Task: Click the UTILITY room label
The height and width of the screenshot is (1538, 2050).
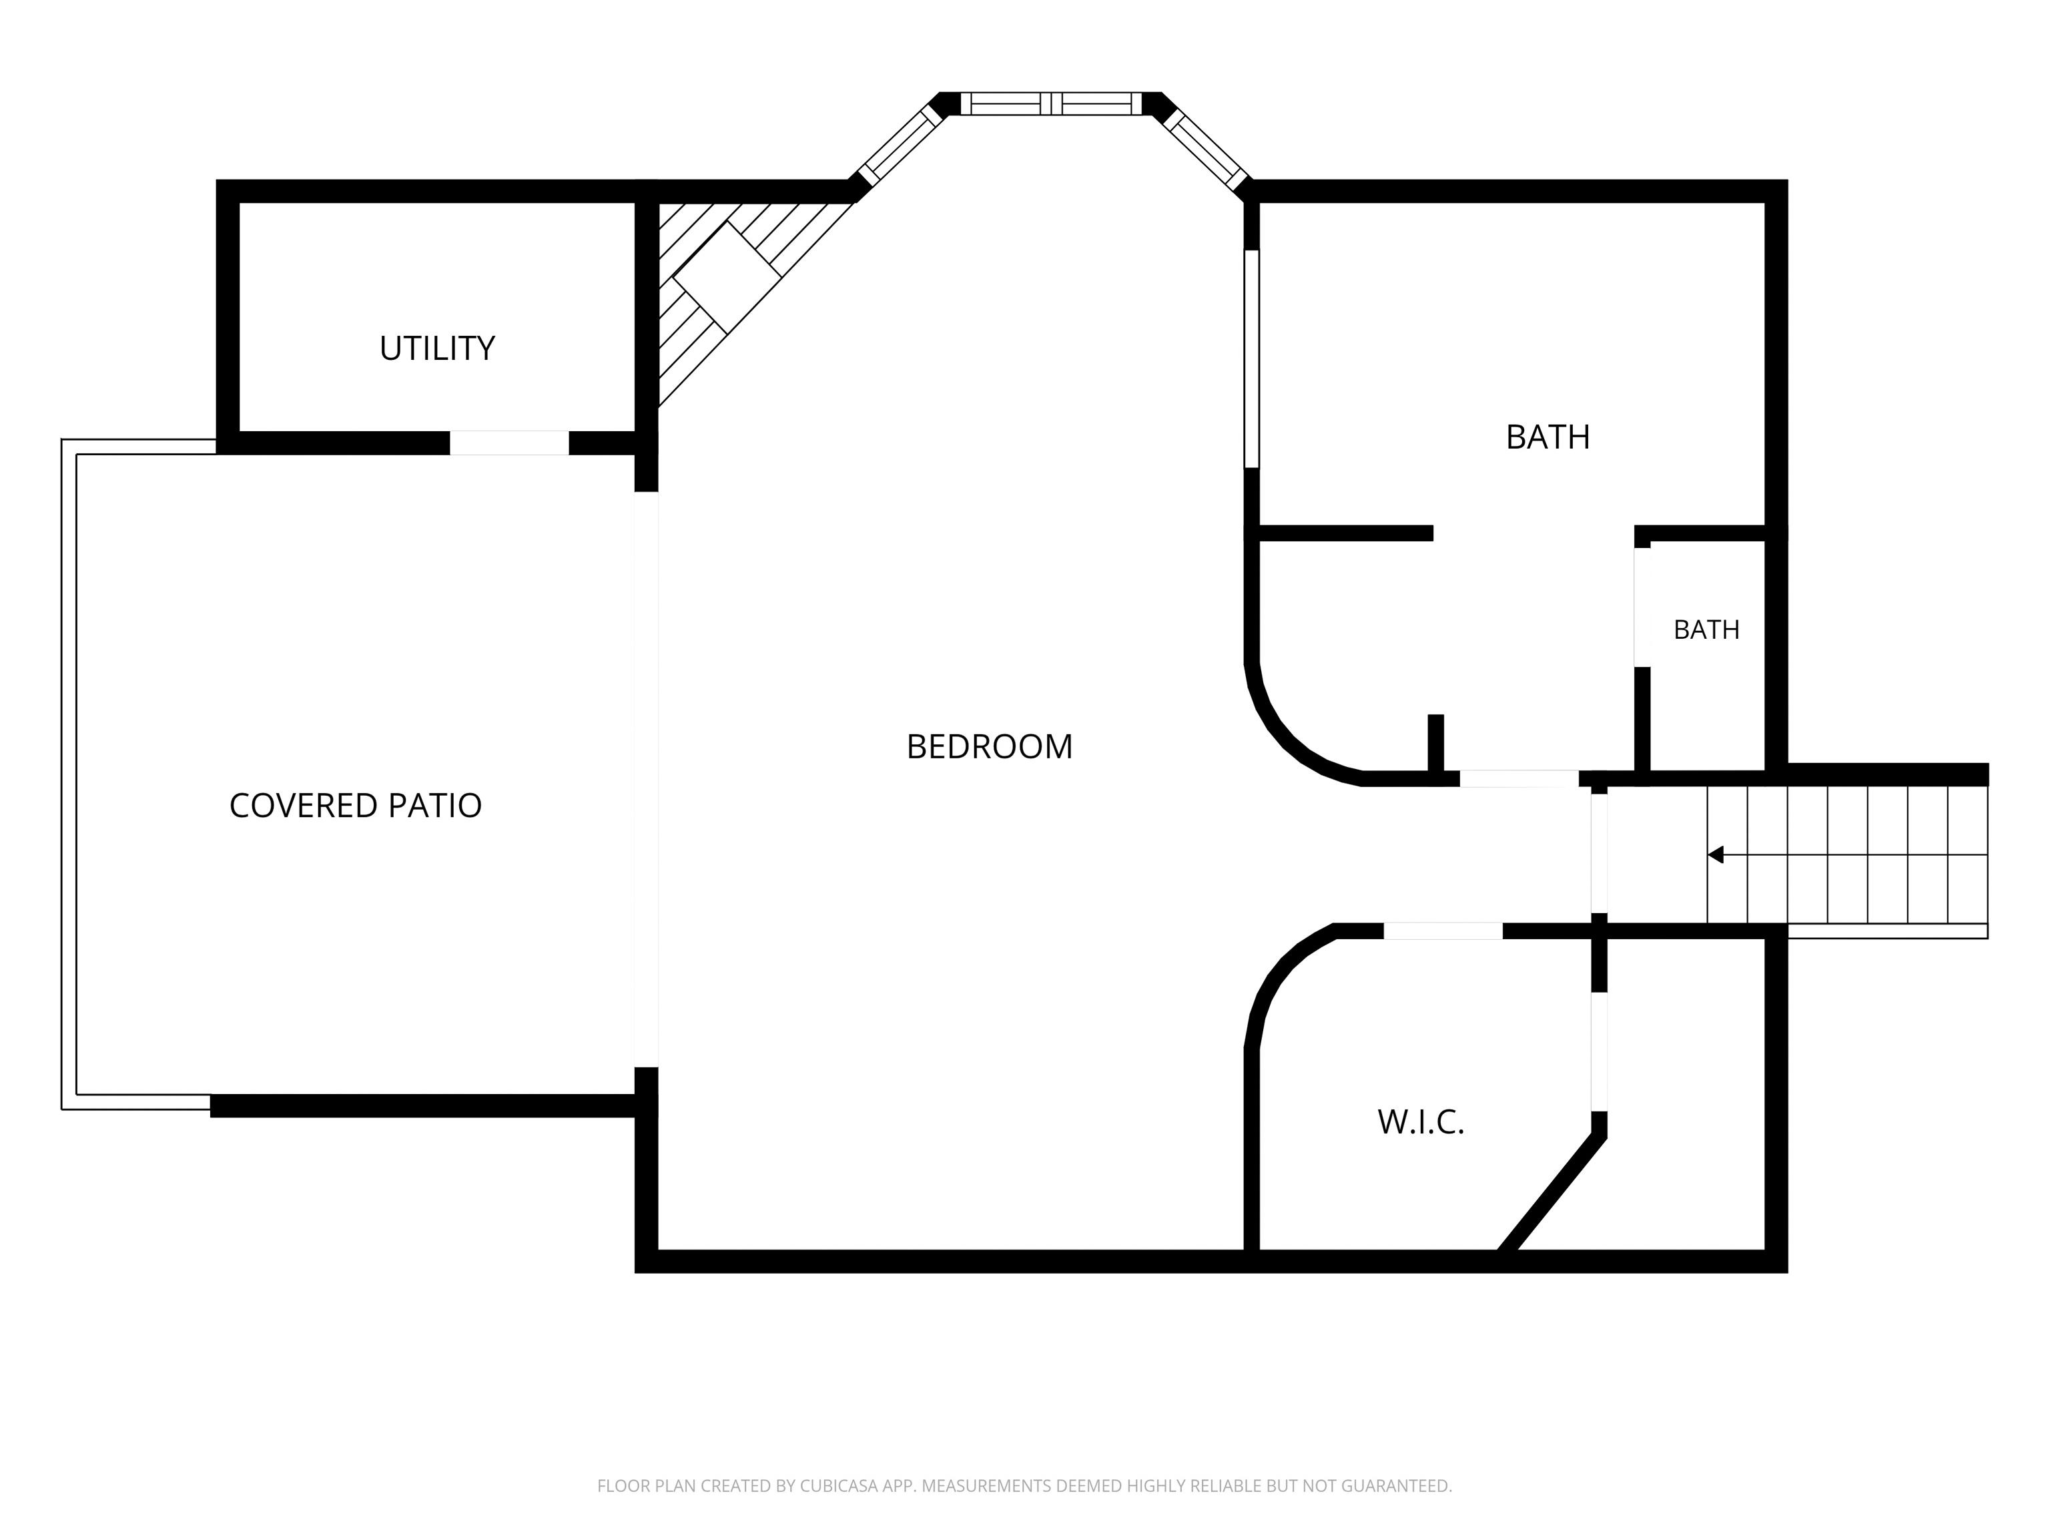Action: click(x=436, y=348)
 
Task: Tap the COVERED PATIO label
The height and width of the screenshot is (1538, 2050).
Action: click(x=355, y=806)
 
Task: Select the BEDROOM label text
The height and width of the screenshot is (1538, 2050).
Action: click(x=989, y=746)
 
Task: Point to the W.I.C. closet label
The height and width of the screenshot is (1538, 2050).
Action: click(x=1421, y=1123)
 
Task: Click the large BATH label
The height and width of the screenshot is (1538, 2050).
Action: click(x=1548, y=437)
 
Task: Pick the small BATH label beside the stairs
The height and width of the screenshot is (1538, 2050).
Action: click(x=1706, y=629)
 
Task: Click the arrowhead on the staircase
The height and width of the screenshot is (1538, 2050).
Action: click(x=1716, y=854)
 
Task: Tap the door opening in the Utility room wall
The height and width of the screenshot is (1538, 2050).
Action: click(x=508, y=443)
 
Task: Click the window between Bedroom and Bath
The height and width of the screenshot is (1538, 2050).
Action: click(x=1251, y=358)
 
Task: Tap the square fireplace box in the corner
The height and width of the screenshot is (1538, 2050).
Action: click(x=725, y=275)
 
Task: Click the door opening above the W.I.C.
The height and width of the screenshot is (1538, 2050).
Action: click(x=1443, y=932)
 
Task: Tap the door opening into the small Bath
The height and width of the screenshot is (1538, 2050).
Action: click(x=1642, y=607)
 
